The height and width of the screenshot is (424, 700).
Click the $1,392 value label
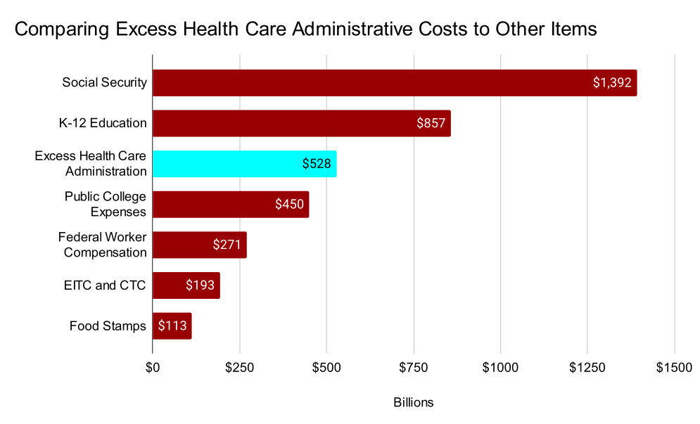click(613, 83)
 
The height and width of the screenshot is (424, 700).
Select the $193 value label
click(200, 285)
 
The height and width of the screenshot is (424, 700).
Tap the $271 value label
click(227, 245)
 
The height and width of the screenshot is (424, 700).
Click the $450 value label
click(290, 205)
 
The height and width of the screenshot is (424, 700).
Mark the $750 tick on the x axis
click(414, 367)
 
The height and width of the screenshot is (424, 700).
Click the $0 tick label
click(153, 367)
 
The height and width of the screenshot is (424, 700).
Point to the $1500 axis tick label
click(674, 367)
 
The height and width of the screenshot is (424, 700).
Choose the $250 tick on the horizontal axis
click(240, 367)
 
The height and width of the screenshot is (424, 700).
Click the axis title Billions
click(414, 403)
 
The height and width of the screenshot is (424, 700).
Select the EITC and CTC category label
click(105, 285)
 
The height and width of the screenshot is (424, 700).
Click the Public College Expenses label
click(106, 205)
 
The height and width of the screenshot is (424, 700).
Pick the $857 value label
click(431, 123)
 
